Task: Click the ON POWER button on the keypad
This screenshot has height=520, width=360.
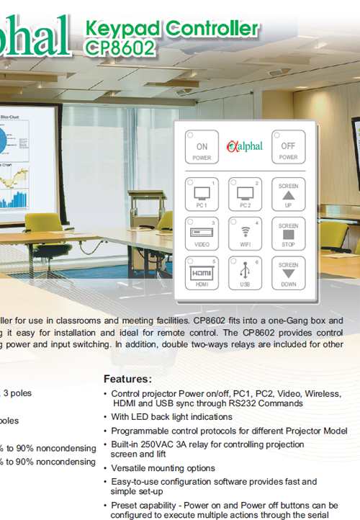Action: [x=202, y=149]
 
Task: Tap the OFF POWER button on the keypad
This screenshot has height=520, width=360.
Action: [x=288, y=149]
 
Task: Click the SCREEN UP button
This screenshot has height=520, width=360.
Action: [x=288, y=195]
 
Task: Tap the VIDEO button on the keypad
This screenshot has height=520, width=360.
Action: [x=202, y=235]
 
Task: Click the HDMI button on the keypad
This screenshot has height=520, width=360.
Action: [x=202, y=274]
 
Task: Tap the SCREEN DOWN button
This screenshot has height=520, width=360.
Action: [x=288, y=274]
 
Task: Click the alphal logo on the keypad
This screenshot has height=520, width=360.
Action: [x=245, y=147]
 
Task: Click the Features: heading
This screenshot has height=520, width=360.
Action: [x=127, y=379]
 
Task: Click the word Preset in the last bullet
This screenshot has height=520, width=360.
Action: [x=126, y=505]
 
